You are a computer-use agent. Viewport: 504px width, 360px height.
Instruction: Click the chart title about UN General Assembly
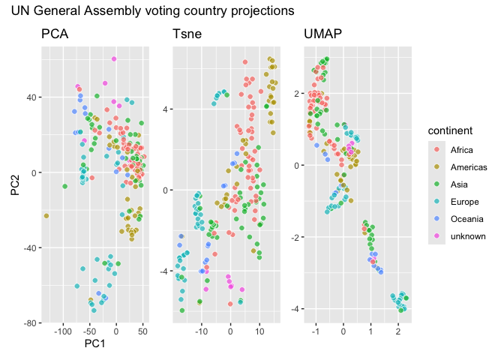pos(146,11)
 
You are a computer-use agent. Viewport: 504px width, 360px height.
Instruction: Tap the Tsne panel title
pos(187,34)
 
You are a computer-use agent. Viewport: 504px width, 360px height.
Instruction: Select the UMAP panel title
pos(320,34)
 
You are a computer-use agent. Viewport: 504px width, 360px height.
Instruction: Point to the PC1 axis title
pos(94,343)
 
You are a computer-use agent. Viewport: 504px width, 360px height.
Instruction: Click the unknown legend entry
pos(467,236)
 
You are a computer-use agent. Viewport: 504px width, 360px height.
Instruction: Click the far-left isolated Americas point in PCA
pos(46,216)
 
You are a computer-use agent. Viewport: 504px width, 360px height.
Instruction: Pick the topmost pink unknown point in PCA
pos(114,58)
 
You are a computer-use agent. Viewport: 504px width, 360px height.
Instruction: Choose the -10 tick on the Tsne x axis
pos(201,330)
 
